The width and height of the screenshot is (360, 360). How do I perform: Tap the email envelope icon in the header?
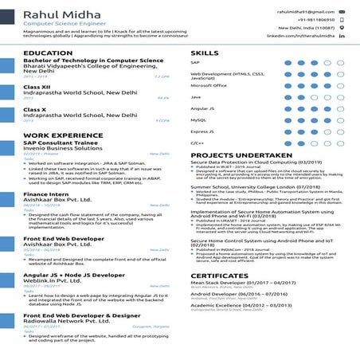342,13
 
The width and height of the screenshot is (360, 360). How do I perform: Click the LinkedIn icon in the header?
342,37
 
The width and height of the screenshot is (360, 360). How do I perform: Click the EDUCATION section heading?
48,53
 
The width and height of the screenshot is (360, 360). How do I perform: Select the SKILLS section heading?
205,53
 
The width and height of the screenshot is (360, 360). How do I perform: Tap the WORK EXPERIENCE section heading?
61,136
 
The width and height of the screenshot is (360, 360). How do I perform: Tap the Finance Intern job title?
46,194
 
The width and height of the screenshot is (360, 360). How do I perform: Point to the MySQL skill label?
198,119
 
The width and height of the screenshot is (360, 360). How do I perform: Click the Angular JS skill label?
202,108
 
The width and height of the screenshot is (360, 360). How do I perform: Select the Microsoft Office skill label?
209,85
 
